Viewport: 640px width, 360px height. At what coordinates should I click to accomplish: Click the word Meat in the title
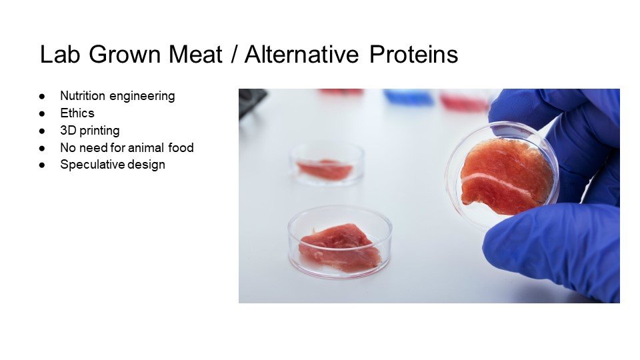tap(195, 54)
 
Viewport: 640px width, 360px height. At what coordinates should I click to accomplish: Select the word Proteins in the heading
tap(413, 54)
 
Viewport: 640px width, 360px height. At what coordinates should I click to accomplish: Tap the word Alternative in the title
tap(301, 54)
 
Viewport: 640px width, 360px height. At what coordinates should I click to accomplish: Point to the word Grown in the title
tap(125, 54)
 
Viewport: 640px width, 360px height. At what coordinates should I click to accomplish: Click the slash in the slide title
tap(233, 54)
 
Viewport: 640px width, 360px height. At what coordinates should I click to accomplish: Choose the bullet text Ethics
tap(77, 113)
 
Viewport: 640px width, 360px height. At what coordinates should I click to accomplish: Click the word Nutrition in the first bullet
tap(83, 96)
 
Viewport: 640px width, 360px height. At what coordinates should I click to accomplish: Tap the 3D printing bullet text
tap(90, 131)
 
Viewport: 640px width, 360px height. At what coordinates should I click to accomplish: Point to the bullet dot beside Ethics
tap(41, 114)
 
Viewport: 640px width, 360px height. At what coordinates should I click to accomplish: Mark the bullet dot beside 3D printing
tap(41, 131)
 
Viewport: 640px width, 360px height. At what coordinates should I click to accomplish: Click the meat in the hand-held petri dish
tap(505, 176)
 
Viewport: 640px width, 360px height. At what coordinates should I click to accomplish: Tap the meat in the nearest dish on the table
tap(339, 247)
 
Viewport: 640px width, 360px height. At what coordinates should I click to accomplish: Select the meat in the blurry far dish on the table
tap(325, 169)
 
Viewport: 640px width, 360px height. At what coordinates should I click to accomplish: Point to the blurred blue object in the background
tap(409, 97)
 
